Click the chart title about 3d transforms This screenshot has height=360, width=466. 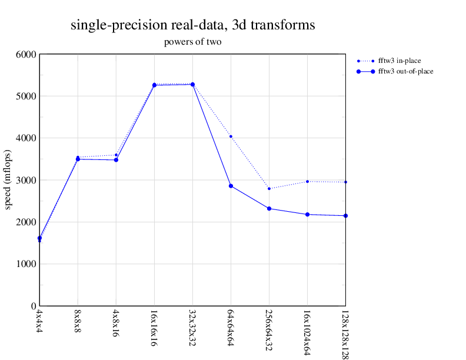[192, 25]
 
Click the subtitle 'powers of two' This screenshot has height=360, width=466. [192, 42]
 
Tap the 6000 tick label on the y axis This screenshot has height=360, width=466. [26, 55]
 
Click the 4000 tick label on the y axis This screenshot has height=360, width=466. [26, 138]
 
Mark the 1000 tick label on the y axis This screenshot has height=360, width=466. [26, 264]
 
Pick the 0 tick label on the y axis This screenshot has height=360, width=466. [34, 306]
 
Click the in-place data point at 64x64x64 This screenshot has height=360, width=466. [231, 136]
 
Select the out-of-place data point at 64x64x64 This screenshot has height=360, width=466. [231, 186]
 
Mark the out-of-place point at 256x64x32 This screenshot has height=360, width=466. [269, 208]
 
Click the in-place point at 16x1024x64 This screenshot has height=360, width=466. [307, 181]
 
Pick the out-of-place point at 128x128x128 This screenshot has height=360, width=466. [345, 216]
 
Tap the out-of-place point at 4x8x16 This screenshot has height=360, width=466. [116, 160]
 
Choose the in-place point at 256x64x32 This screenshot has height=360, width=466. [269, 188]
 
